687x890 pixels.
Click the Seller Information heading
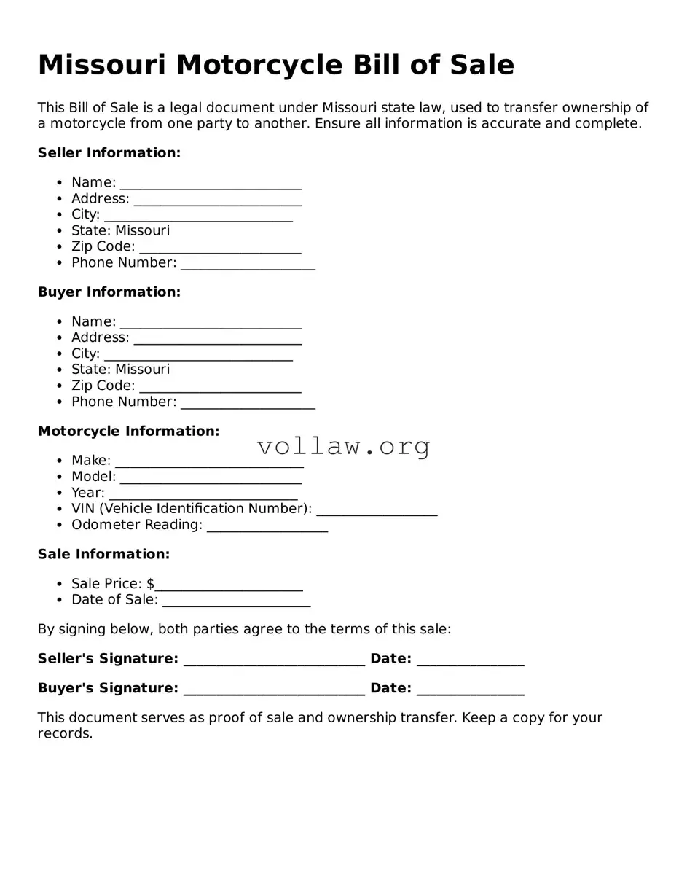[109, 153]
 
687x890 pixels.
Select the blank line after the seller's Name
[211, 184]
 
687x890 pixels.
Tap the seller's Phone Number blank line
[248, 264]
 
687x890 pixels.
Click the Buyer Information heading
[109, 292]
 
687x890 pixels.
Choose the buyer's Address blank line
[218, 339]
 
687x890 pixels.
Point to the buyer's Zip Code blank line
[220, 387]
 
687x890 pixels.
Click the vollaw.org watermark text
[343, 446]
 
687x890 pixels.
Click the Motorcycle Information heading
[128, 432]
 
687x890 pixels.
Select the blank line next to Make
[209, 461]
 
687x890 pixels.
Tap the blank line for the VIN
[377, 510]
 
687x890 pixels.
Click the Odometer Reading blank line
[267, 526]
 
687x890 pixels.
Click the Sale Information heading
[103, 555]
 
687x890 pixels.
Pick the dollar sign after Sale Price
[150, 584]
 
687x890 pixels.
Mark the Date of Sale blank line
[236, 601]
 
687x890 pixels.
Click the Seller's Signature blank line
[274, 660]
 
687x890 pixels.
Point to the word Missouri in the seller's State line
[143, 231]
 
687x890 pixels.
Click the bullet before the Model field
[59, 477]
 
